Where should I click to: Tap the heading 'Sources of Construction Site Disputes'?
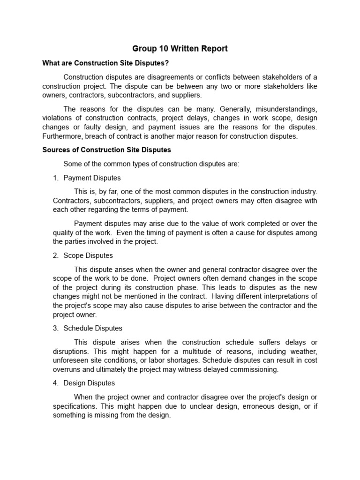106,150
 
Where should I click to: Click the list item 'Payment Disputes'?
92,178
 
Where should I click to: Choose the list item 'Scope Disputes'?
88,255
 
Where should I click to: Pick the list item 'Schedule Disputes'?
93,328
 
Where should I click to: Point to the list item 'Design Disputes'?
89,383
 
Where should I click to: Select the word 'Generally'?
230,109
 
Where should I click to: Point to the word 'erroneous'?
260,406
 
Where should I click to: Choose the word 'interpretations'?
287,296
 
